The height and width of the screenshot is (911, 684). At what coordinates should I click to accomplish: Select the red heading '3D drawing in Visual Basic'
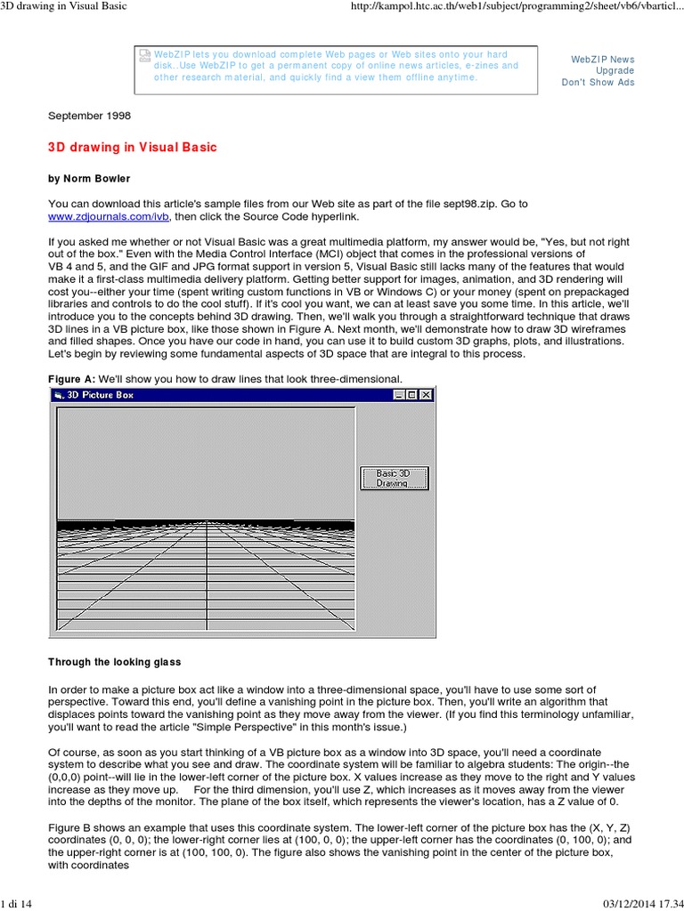tap(132, 147)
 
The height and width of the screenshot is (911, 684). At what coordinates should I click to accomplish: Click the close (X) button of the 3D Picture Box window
tap(426, 395)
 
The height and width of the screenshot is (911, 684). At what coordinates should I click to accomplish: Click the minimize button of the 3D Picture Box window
tap(400, 395)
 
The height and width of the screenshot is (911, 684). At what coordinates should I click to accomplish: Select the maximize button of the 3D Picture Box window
tap(412, 395)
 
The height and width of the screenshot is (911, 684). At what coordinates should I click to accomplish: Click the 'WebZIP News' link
tap(603, 60)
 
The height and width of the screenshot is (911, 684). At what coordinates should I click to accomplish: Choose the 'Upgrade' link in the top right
tap(615, 71)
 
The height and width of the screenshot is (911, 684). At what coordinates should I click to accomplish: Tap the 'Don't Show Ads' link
tap(598, 83)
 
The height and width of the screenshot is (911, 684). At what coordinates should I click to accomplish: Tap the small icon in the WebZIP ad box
tap(146, 55)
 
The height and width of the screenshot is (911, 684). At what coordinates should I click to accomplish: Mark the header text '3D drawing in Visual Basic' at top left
tap(64, 7)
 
